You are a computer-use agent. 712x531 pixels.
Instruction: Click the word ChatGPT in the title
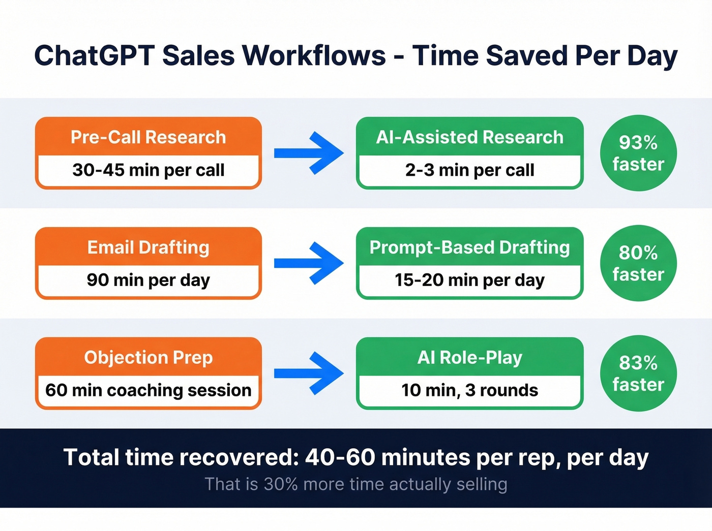click(94, 55)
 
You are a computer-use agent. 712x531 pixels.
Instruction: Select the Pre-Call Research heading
click(148, 137)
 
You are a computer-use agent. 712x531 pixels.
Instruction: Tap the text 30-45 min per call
click(148, 170)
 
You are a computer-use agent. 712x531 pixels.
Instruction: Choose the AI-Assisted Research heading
click(469, 137)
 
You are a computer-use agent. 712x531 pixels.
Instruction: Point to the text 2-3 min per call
click(469, 170)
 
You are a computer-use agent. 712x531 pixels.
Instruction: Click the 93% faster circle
click(638, 153)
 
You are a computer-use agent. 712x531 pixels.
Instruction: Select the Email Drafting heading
click(148, 247)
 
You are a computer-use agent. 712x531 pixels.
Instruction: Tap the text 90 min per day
click(148, 280)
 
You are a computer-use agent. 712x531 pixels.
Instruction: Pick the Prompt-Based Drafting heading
click(469, 247)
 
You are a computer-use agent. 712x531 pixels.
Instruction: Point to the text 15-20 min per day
click(469, 280)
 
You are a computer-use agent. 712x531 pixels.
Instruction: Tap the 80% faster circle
click(638, 263)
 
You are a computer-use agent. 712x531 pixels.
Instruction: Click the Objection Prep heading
click(148, 358)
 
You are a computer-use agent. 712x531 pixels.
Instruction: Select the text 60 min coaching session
click(148, 390)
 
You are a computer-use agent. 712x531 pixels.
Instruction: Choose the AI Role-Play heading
click(469, 358)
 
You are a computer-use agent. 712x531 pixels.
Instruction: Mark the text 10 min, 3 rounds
click(469, 390)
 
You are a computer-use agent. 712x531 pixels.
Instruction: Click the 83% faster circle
click(638, 373)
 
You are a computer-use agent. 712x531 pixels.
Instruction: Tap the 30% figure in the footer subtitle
click(280, 484)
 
